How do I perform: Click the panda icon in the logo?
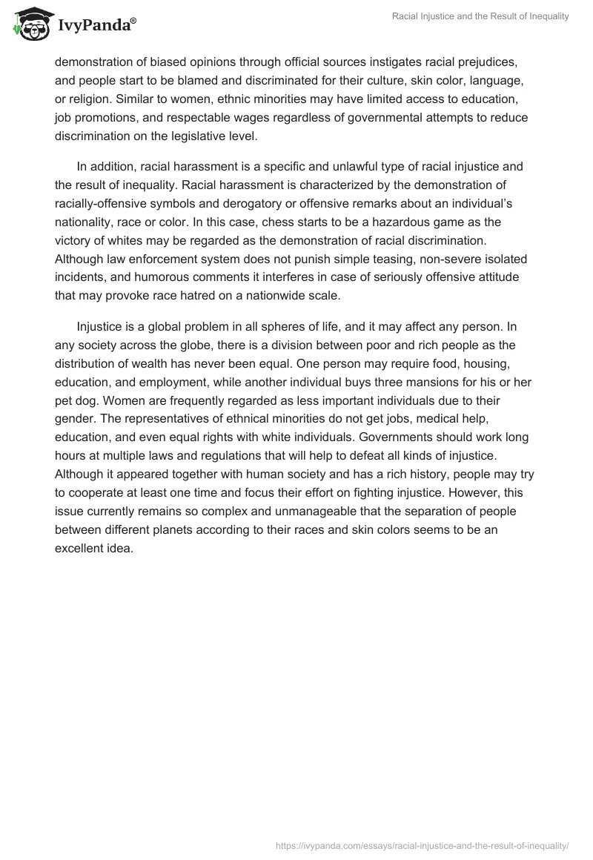tap(30, 24)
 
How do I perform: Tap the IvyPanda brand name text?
tap(96, 27)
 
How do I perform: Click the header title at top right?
tap(481, 16)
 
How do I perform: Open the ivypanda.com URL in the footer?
tap(422, 844)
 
